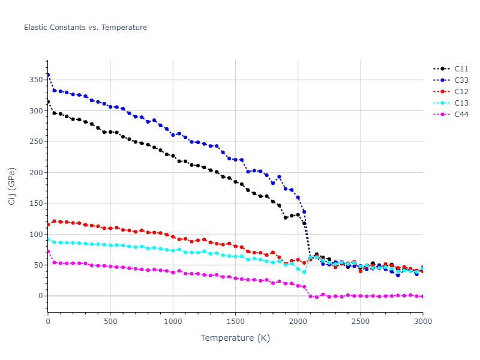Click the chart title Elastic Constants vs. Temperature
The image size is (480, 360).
85,28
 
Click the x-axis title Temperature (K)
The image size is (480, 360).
235,338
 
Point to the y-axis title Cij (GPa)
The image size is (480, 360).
13,186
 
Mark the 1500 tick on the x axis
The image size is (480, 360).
235,321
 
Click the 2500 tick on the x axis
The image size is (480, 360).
360,321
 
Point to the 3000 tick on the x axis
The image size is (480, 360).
422,321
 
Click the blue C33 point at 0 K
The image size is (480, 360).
48,75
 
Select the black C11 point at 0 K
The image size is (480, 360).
48,102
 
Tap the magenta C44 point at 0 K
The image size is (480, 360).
48,251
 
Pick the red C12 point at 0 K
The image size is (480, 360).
48,224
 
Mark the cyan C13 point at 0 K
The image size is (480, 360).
48,239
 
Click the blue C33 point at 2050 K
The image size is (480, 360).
304,212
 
